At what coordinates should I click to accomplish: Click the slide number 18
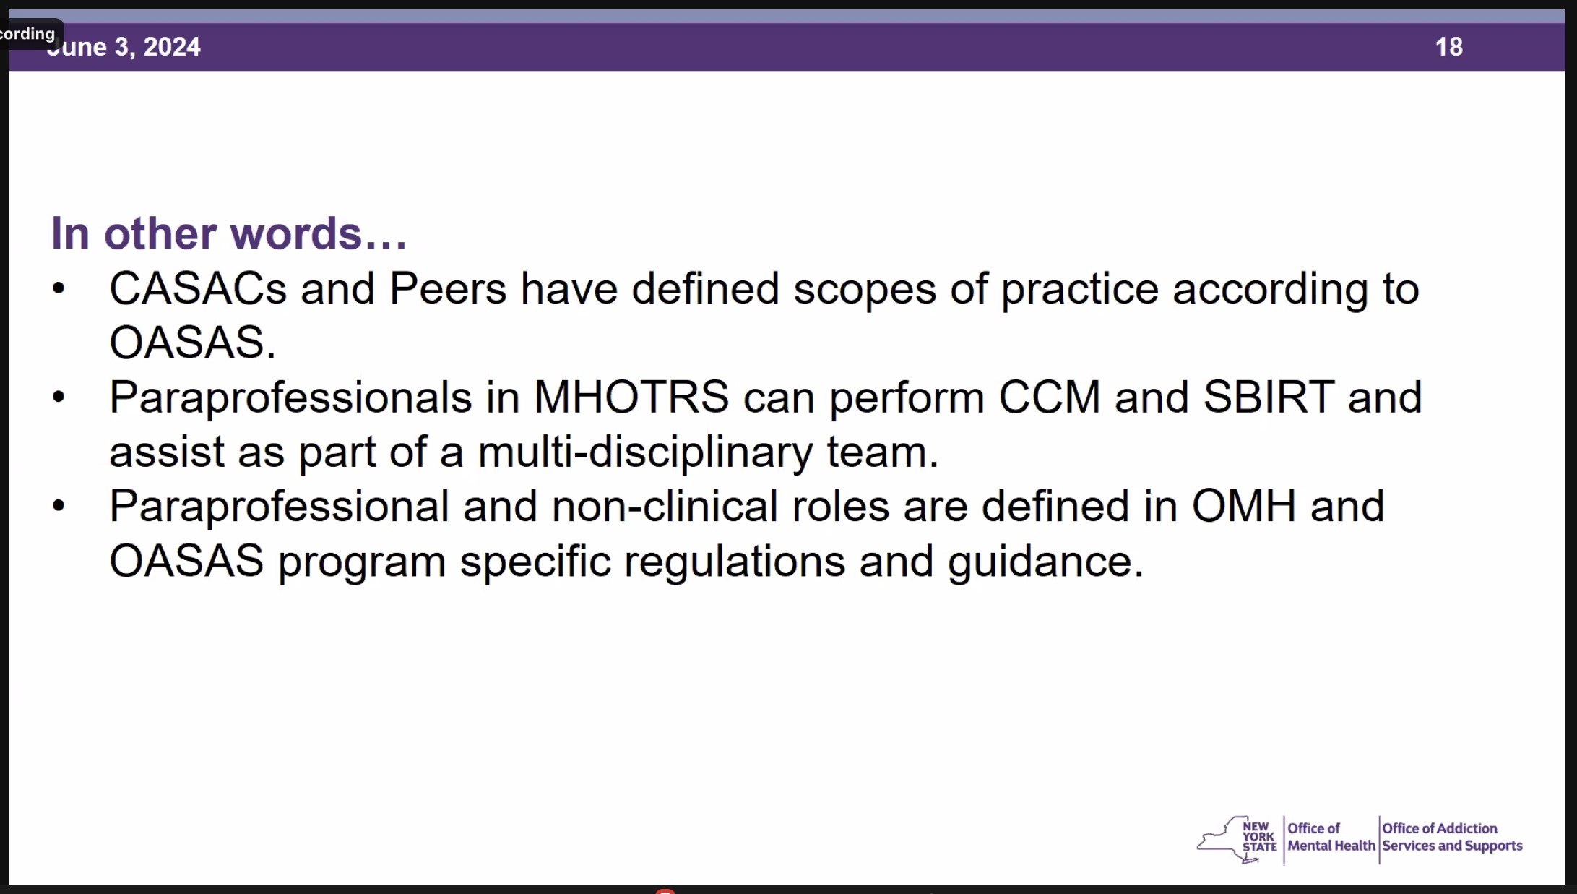[x=1448, y=47]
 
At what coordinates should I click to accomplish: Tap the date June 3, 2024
[x=124, y=47]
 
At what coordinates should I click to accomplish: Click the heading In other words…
[x=229, y=233]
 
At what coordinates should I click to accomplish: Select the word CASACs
[x=198, y=288]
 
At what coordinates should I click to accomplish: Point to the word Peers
[x=448, y=288]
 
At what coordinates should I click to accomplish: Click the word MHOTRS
[x=631, y=397]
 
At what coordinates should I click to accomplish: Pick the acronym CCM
[x=1050, y=397]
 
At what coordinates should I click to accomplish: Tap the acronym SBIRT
[x=1269, y=397]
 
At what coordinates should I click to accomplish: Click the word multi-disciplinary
[x=645, y=452]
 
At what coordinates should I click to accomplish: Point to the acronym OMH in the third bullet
[x=1243, y=506]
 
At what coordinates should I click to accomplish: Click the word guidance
[x=1046, y=562]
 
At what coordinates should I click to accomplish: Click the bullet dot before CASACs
[x=59, y=289]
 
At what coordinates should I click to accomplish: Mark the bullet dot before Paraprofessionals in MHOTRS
[x=59, y=397]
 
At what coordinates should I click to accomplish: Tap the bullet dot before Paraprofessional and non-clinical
[x=59, y=506]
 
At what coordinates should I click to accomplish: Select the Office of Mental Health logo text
[x=1331, y=837]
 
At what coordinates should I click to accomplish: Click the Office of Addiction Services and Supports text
[x=1452, y=837]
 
